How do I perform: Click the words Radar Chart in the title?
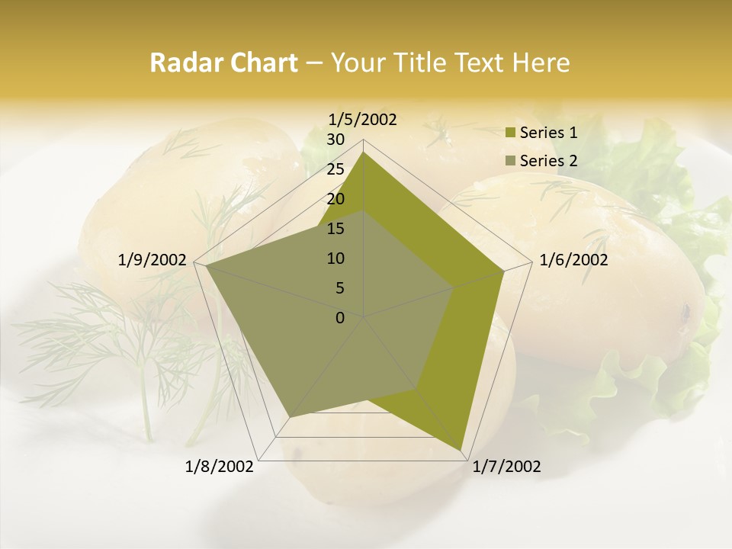click(223, 63)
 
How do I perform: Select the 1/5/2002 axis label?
click(363, 119)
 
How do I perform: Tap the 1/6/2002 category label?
click(573, 260)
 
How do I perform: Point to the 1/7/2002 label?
click(506, 467)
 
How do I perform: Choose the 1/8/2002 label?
click(220, 467)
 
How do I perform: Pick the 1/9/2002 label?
click(152, 260)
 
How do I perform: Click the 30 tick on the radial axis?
click(335, 140)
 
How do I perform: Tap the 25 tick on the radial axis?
click(335, 169)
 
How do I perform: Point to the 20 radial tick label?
click(335, 199)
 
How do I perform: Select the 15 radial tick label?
click(335, 229)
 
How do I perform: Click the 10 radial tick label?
click(335, 258)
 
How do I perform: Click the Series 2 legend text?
click(548, 161)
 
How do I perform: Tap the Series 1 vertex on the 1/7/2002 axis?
click(461, 449)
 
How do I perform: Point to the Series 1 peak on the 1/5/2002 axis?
click(364, 152)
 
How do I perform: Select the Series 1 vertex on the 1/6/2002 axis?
click(504, 271)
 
